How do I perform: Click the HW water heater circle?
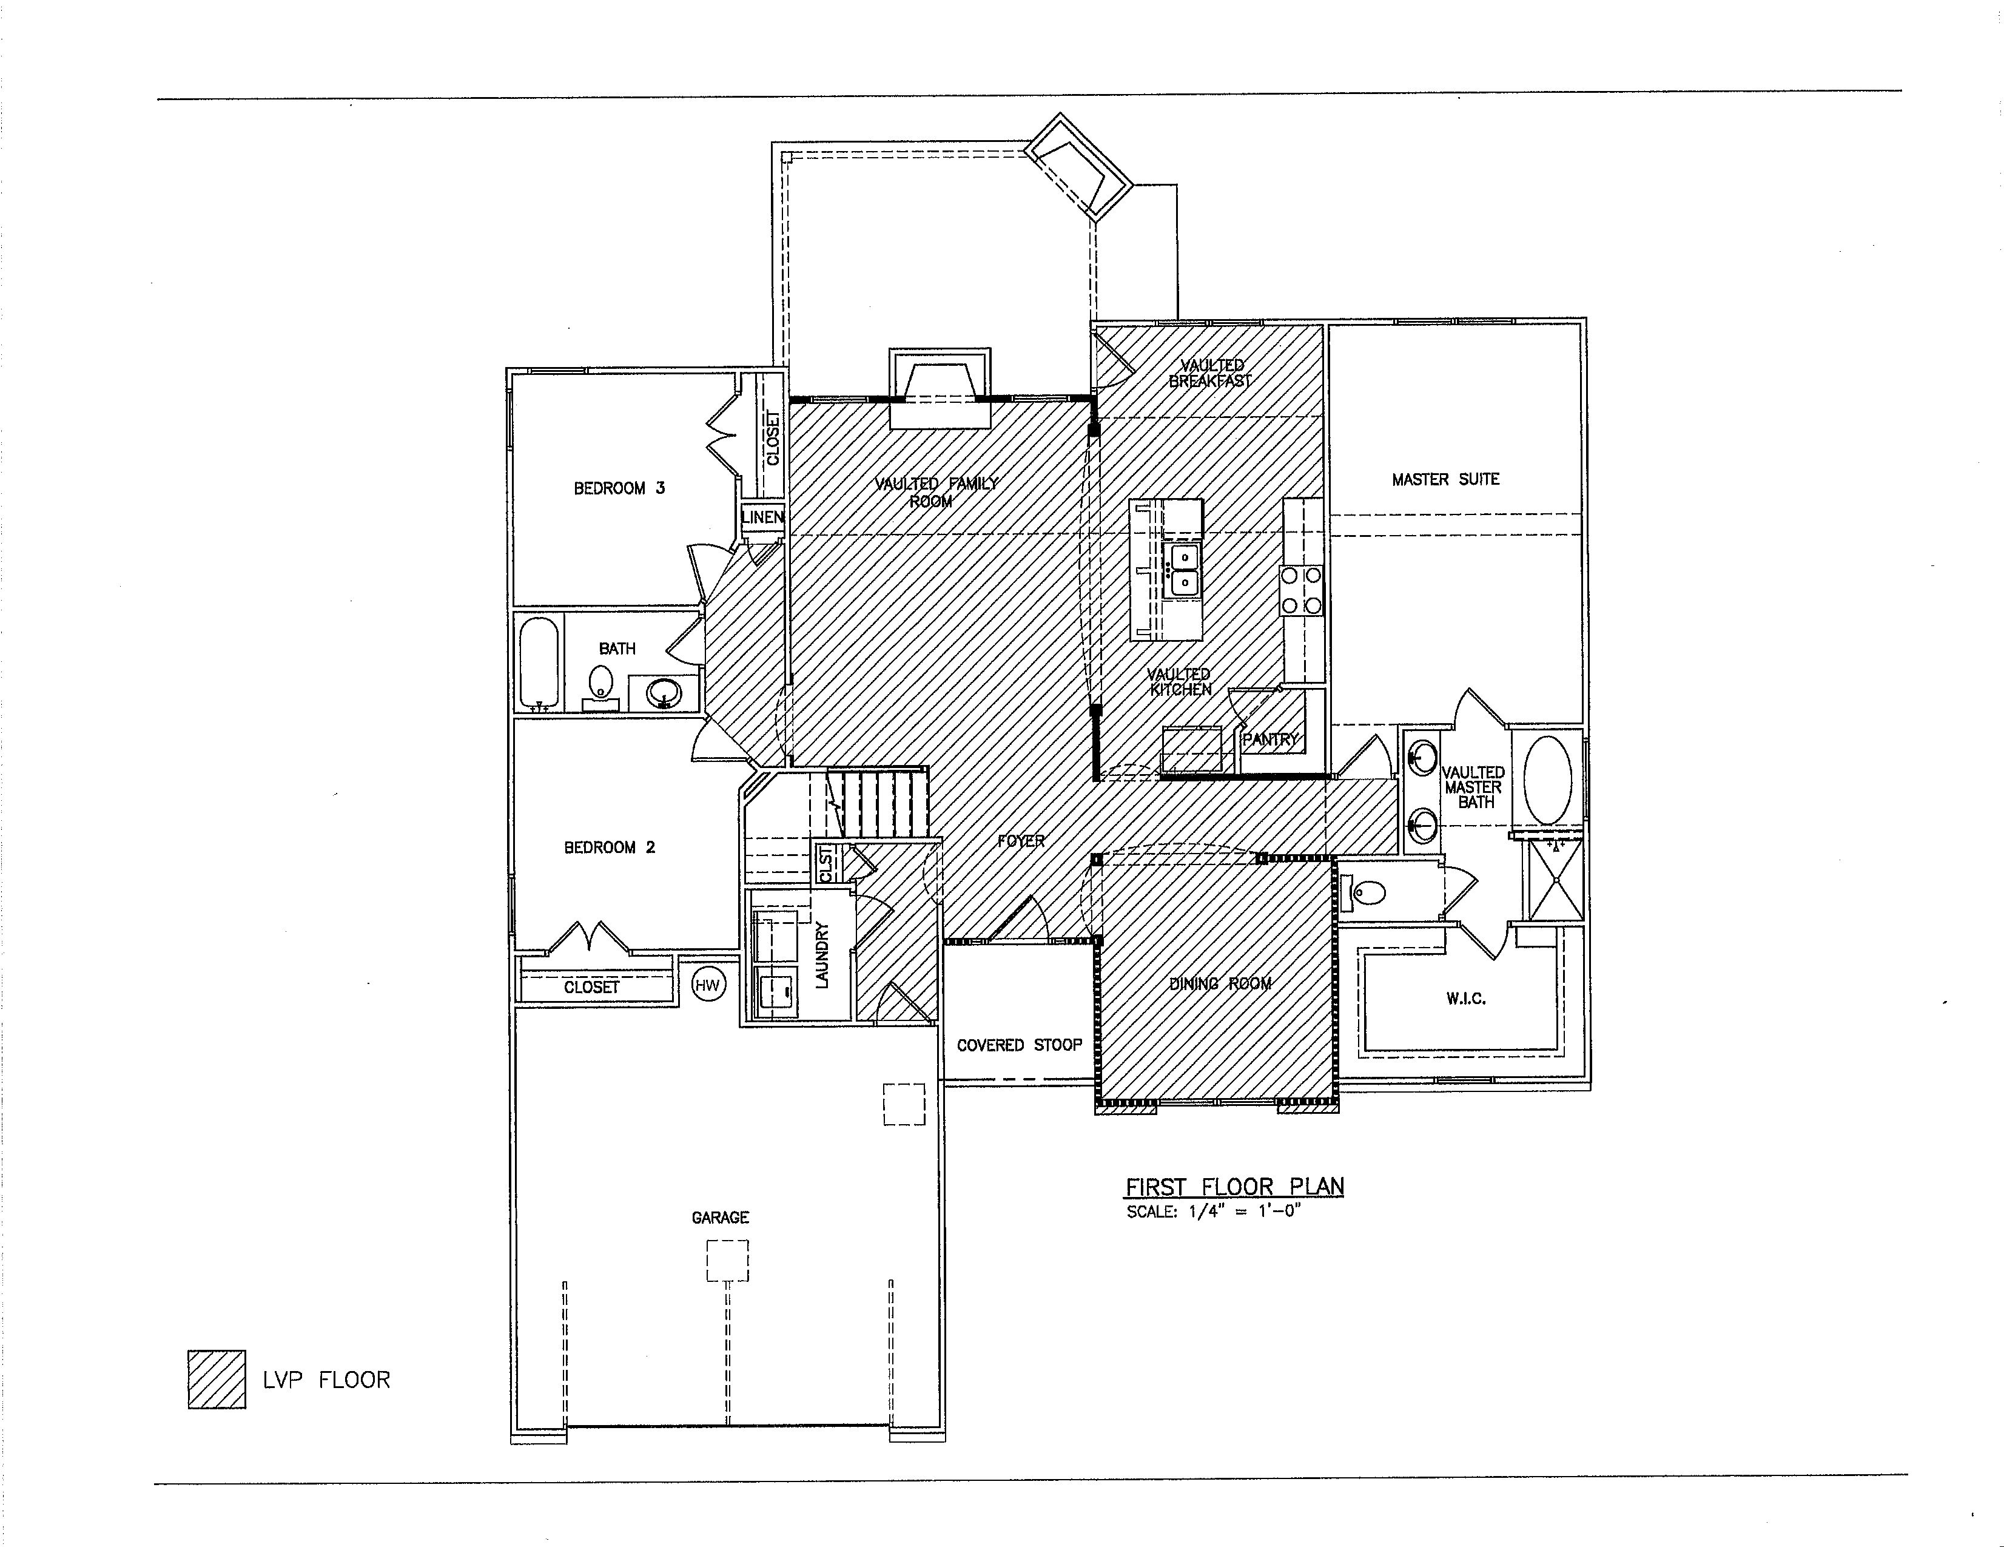tap(707, 985)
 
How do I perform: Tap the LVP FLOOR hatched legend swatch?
tap(217, 1379)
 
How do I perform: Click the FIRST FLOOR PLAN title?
tap(1234, 1187)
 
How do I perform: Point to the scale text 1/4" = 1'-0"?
tap(1214, 1211)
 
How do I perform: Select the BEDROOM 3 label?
tap(619, 488)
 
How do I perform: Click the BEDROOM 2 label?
tap(610, 847)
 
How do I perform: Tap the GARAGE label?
tap(721, 1218)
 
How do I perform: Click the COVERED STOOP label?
tap(1018, 1045)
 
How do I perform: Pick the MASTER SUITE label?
tap(1445, 479)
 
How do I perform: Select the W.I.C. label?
tap(1465, 999)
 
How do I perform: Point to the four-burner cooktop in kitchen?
tap(1301, 591)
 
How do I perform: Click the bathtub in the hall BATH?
tap(539, 661)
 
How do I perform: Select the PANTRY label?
tap(1271, 739)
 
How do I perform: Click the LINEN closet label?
tap(762, 517)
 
